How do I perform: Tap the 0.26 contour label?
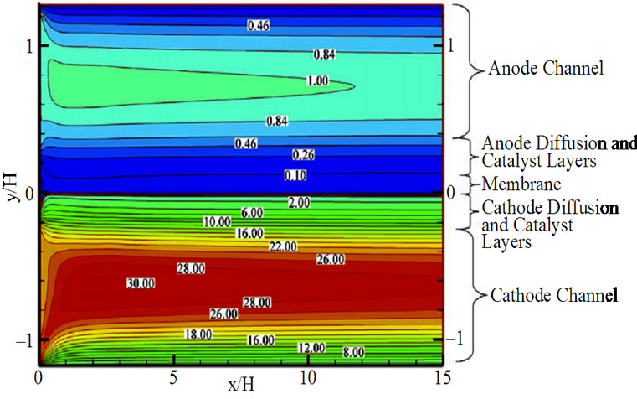(x=302, y=155)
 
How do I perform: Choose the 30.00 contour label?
(x=138, y=283)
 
